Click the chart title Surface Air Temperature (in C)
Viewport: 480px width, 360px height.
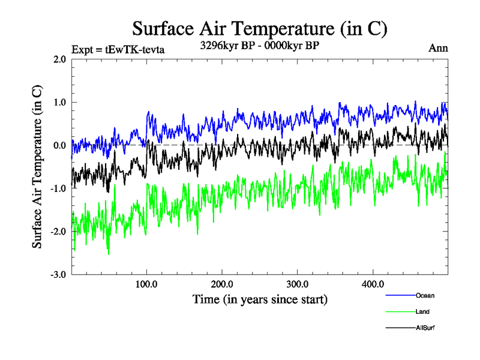[259, 28]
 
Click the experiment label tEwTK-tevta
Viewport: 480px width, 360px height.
[118, 49]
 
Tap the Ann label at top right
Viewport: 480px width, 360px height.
[438, 48]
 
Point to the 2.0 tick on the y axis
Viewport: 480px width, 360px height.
[59, 59]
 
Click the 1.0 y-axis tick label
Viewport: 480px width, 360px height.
[59, 103]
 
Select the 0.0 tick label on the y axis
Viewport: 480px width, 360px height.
[59, 146]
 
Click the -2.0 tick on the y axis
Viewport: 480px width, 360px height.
[58, 232]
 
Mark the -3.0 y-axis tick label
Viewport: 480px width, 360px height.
[58, 275]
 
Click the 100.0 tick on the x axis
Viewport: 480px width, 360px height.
[147, 284]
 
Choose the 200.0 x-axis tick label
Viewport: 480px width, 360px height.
[222, 284]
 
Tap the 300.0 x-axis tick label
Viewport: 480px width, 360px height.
[298, 284]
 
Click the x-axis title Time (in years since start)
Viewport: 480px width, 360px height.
[260, 299]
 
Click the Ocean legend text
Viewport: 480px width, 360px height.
[425, 295]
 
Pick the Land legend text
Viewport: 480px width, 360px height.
[422, 311]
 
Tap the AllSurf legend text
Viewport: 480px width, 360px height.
[425, 328]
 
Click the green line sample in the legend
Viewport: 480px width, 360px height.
[400, 311]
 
